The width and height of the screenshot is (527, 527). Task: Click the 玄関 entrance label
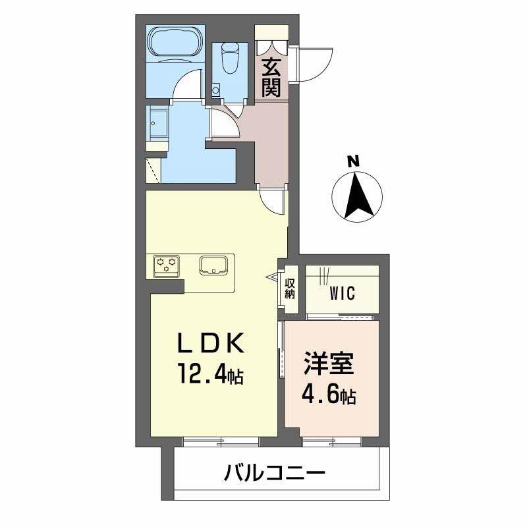[x=271, y=78]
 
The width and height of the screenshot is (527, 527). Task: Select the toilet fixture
[x=231, y=57]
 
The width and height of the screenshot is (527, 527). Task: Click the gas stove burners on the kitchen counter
[x=165, y=264]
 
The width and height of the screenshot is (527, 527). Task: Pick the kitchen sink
[x=214, y=265]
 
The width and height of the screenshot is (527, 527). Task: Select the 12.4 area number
[x=201, y=375]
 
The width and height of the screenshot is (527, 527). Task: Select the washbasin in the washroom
[x=159, y=123]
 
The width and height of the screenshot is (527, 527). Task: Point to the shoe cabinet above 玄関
[x=271, y=32]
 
